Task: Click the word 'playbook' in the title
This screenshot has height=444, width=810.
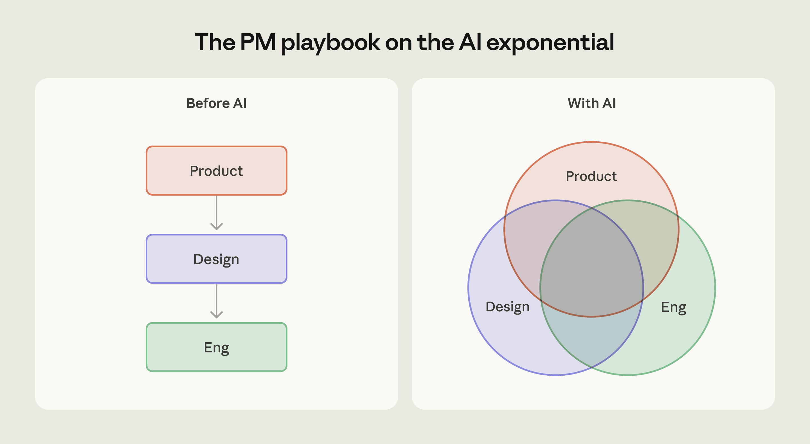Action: [330, 42]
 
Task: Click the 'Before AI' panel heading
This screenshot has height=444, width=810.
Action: [216, 103]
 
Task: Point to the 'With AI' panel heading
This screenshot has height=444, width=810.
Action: [591, 103]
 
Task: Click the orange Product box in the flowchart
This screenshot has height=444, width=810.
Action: [216, 171]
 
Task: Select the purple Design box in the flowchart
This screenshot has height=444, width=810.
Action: [216, 259]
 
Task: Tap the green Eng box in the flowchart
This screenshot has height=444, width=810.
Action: [216, 347]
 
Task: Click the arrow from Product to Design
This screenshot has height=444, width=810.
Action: [216, 212]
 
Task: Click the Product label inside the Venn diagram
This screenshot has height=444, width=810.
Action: [591, 176]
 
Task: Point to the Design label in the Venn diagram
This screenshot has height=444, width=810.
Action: [507, 307]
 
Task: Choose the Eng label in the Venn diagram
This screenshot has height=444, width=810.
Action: [674, 307]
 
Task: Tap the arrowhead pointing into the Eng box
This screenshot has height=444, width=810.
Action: [216, 315]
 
